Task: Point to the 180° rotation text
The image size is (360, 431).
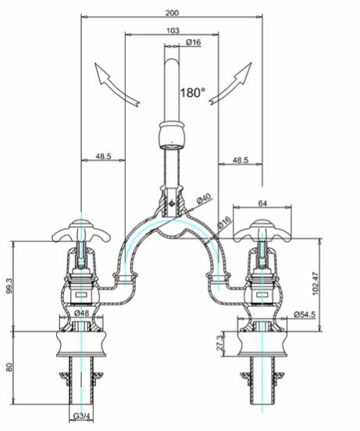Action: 193,92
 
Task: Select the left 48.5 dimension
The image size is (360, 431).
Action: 103,157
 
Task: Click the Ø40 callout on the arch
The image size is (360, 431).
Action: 205,201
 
